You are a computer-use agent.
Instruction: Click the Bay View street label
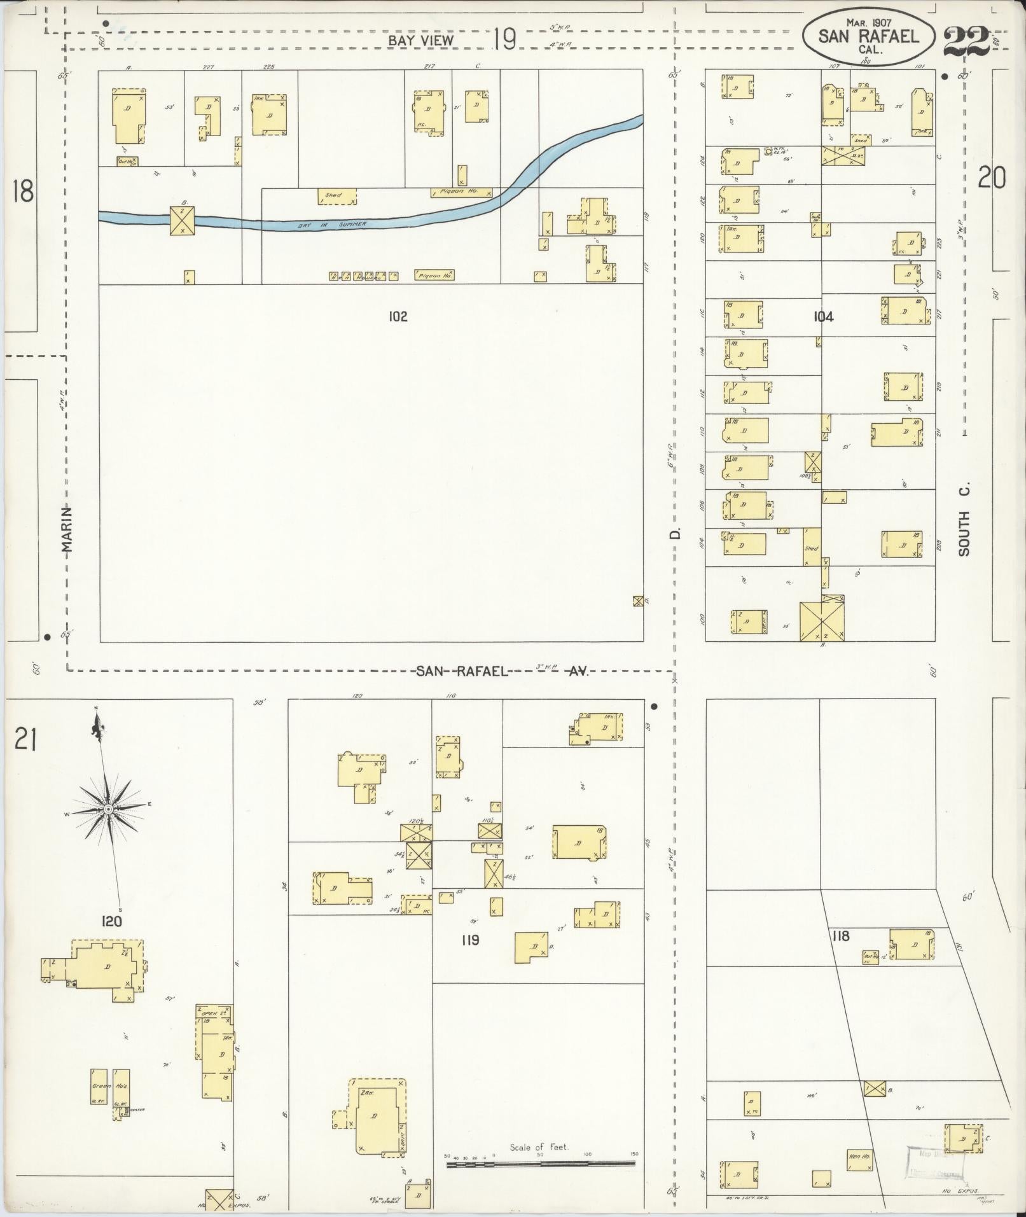(422, 40)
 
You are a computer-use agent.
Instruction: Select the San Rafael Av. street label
(503, 671)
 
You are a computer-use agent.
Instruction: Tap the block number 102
(398, 316)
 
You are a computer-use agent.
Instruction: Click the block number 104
(823, 316)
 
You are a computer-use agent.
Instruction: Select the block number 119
(470, 940)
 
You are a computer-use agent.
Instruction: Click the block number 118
(841, 935)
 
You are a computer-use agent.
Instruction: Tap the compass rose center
(109, 808)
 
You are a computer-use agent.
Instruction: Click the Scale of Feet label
(539, 1148)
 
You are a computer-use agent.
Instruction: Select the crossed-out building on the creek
(182, 220)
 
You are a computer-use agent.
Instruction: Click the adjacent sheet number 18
(23, 191)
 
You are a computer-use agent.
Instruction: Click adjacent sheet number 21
(24, 741)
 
